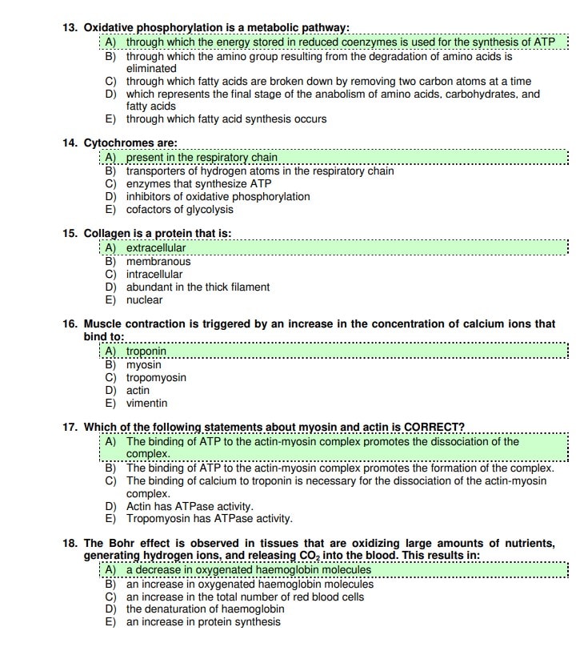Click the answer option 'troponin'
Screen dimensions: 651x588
click(x=146, y=352)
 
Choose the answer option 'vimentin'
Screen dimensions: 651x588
click(x=146, y=404)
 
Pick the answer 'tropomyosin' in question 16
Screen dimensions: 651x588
click(x=156, y=377)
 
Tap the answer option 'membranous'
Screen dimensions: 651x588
click(x=158, y=261)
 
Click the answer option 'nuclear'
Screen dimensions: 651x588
click(x=144, y=300)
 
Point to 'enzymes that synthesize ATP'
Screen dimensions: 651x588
click(x=188, y=183)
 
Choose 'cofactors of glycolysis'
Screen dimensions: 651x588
click(x=180, y=210)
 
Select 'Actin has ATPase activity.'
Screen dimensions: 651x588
click(x=190, y=506)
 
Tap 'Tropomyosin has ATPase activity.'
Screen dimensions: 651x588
click(x=209, y=519)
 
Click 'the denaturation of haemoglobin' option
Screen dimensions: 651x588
click(x=205, y=609)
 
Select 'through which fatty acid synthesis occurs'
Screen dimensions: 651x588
click(x=226, y=119)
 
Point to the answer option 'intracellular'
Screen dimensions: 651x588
click(x=154, y=274)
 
